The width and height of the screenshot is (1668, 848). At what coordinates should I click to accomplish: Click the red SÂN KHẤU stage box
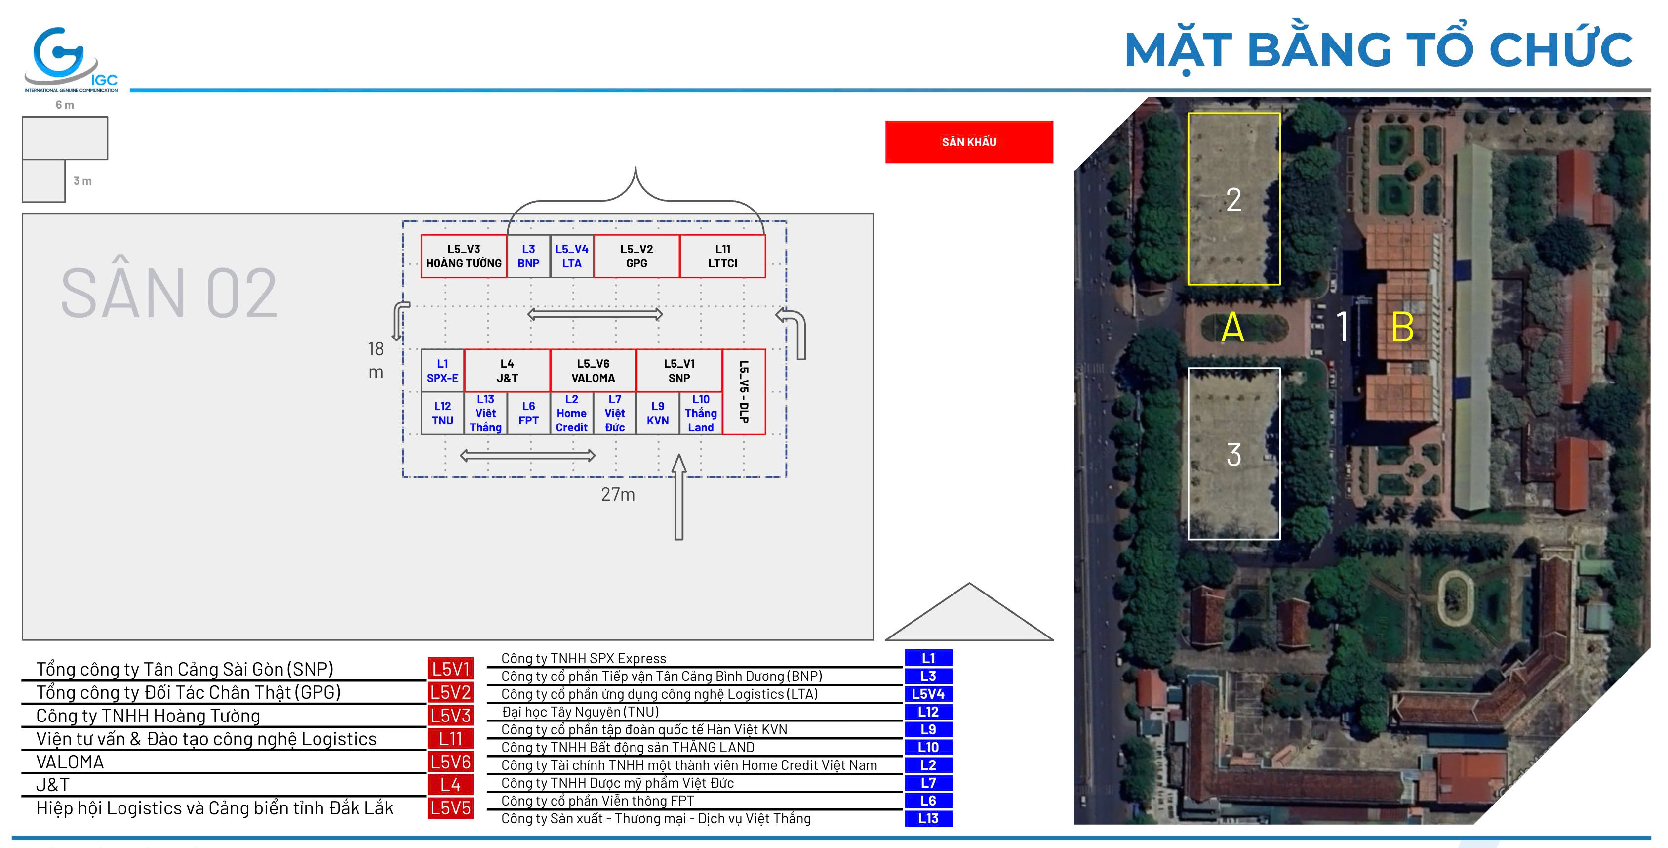pos(969,142)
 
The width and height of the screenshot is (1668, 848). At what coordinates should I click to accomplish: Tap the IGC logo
pos(70,60)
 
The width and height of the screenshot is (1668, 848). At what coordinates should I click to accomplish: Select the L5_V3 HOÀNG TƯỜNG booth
pos(464,256)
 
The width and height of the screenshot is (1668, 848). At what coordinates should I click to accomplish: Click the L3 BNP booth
pos(528,256)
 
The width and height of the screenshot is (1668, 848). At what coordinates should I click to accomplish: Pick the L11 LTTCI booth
pos(722,256)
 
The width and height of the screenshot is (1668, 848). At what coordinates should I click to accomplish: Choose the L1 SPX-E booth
pos(442,371)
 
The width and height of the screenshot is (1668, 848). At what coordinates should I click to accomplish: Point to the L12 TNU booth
pos(442,413)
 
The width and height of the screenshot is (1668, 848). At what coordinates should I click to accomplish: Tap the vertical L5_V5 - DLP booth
pos(744,392)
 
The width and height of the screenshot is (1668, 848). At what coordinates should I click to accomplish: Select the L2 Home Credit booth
pos(572,413)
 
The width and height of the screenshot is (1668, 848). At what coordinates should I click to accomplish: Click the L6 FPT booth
pos(528,413)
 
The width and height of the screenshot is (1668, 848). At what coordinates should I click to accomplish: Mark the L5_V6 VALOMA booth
pos(593,371)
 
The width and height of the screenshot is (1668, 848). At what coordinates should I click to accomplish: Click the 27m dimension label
pos(618,494)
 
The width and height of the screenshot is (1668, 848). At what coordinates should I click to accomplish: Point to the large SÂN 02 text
pos(169,293)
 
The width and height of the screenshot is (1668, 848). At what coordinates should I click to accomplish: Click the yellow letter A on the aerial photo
pos(1233,327)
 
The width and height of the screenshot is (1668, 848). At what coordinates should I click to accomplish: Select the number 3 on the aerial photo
pos(1233,454)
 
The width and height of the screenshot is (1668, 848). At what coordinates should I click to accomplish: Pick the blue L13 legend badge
pos(928,818)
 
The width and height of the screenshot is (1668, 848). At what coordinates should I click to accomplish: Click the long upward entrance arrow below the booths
pos(678,497)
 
